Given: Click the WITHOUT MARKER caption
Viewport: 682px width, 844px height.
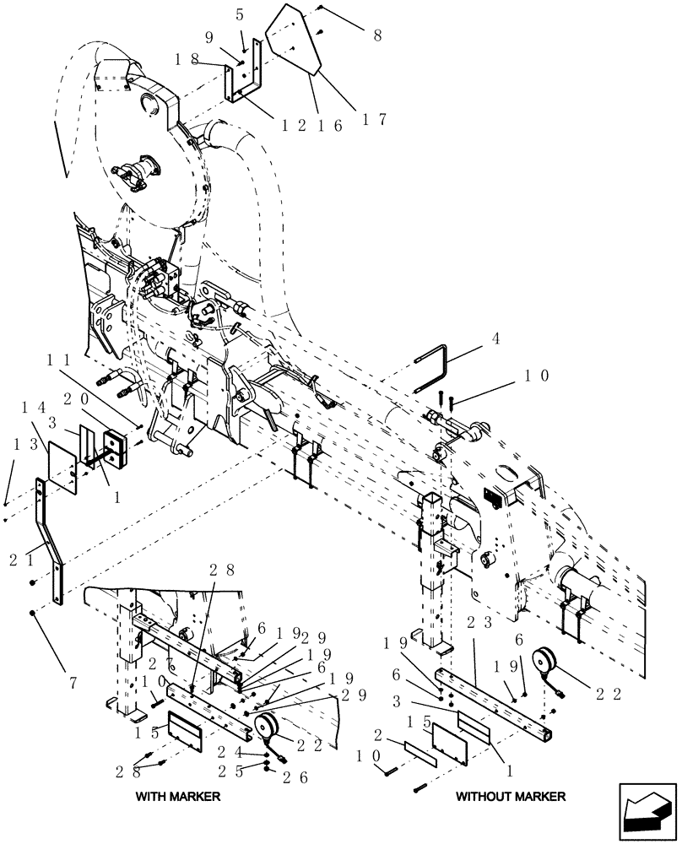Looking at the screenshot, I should [511, 796].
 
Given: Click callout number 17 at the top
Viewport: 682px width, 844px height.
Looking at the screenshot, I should [371, 120].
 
